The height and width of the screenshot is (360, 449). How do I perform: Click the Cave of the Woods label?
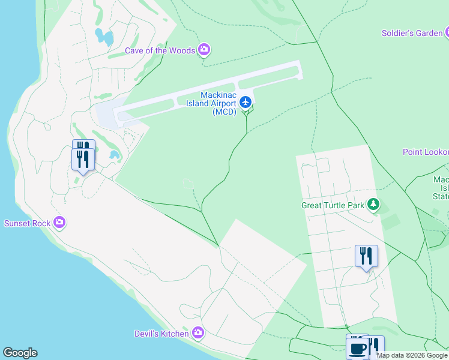(160, 50)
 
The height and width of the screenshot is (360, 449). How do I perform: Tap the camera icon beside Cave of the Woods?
(204, 49)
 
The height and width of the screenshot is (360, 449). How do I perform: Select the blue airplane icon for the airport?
(245, 102)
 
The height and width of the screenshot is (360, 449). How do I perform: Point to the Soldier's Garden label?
(412, 33)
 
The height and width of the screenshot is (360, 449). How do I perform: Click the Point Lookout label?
(425, 152)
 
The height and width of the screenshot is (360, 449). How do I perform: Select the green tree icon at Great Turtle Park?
(373, 205)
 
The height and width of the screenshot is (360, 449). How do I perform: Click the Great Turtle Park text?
(333, 205)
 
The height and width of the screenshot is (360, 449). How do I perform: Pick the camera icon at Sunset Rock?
(59, 223)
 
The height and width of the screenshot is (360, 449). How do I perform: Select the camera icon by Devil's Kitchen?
(198, 332)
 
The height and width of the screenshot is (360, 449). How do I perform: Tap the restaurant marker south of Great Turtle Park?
(366, 257)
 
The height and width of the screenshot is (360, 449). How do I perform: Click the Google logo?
(20, 353)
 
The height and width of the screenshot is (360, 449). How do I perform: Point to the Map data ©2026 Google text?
(412, 355)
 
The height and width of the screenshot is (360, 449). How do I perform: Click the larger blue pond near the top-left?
(104, 37)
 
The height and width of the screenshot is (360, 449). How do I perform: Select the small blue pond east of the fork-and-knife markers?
(113, 155)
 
